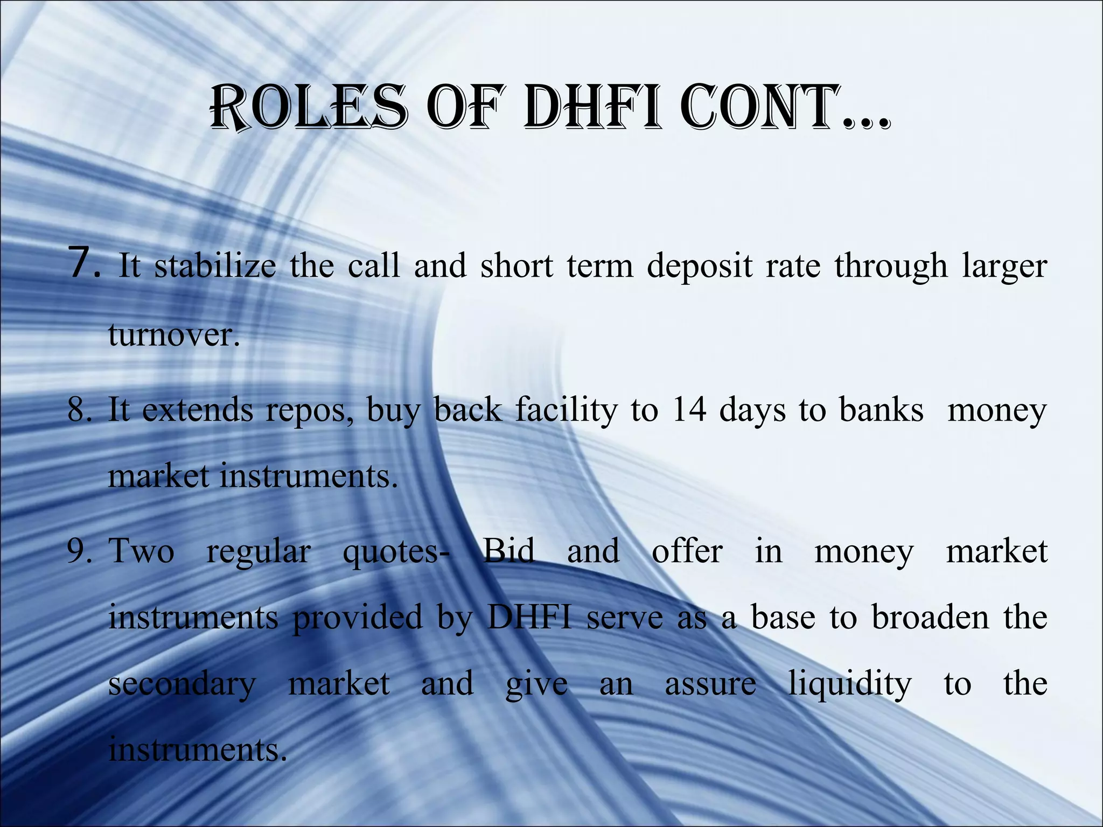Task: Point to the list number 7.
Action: click(x=85, y=263)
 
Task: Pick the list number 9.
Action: click(x=85, y=552)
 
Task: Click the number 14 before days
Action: click(x=689, y=410)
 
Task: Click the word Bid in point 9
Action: click(x=508, y=551)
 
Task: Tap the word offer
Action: click(x=687, y=551)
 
